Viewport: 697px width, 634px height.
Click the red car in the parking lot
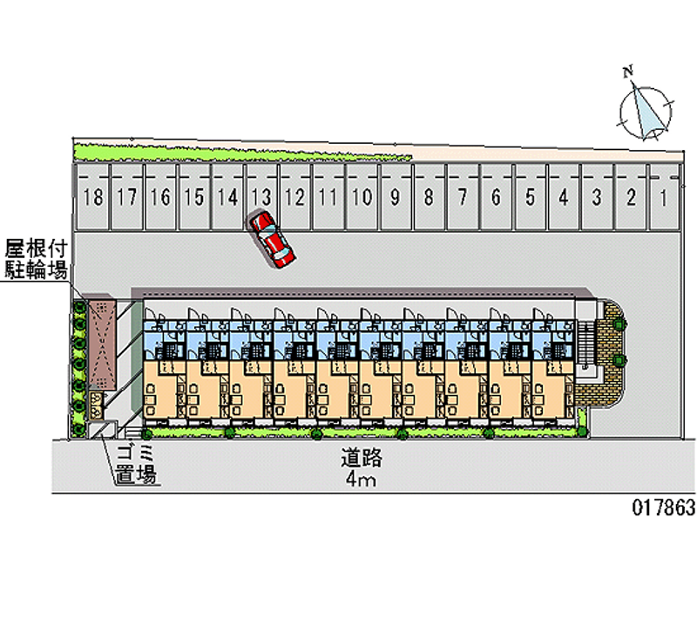click(x=273, y=239)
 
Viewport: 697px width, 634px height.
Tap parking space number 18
click(x=94, y=197)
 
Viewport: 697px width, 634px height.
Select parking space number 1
click(x=663, y=197)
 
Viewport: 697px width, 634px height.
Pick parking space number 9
click(x=396, y=197)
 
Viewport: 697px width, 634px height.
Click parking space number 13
click(x=261, y=197)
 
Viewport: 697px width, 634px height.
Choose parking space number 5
click(x=529, y=197)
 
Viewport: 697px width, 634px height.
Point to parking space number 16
click(x=160, y=197)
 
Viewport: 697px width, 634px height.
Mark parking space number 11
click(x=328, y=197)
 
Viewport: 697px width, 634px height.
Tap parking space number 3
click(x=596, y=197)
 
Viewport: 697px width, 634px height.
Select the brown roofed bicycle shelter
click(x=102, y=344)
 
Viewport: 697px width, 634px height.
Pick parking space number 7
click(x=462, y=197)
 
